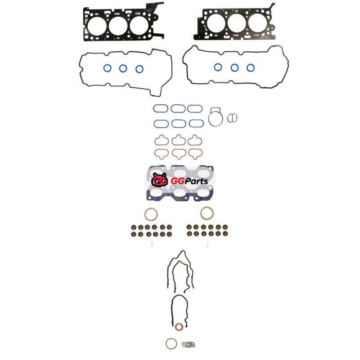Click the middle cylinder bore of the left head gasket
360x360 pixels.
[x=118, y=25]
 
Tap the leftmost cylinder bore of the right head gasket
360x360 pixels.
[x=216, y=23]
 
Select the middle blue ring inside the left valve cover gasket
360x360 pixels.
[x=123, y=68]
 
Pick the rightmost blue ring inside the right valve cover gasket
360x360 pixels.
[x=251, y=68]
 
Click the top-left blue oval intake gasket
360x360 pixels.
[x=161, y=108]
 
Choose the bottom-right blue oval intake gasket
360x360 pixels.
[x=196, y=123]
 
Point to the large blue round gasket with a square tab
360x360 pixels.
[x=216, y=117]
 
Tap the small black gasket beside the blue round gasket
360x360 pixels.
[x=232, y=118]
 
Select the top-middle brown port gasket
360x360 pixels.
[x=179, y=140]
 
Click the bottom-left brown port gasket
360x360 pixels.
[x=162, y=154]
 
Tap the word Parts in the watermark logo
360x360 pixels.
[x=196, y=181]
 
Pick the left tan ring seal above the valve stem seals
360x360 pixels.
[x=151, y=214]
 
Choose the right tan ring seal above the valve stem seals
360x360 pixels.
[x=207, y=213]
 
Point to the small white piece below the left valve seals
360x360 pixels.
[x=152, y=243]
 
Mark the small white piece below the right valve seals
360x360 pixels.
[x=207, y=244]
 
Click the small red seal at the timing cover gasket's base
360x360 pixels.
[x=179, y=327]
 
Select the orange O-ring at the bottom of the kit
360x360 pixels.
[x=171, y=344]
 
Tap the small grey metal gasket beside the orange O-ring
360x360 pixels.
[x=189, y=344]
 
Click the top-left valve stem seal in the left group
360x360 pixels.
[x=133, y=227]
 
